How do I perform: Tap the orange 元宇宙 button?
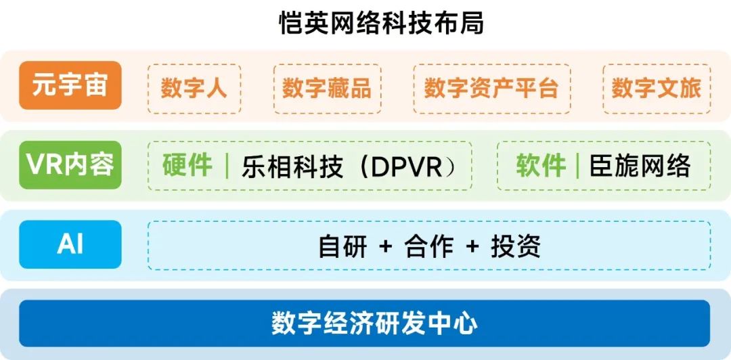(70, 86)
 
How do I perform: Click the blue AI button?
(70, 244)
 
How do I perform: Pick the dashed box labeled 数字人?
(194, 89)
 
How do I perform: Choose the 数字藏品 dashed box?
(327, 89)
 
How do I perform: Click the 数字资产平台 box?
(491, 89)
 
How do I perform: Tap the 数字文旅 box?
(656, 89)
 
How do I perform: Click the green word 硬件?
(187, 166)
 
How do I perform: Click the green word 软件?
(541, 166)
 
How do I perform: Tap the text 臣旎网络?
(640, 166)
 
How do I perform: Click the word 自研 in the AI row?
(342, 246)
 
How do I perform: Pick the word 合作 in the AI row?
(429, 246)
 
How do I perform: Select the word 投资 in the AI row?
(516, 246)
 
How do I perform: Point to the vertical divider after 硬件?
(227, 166)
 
